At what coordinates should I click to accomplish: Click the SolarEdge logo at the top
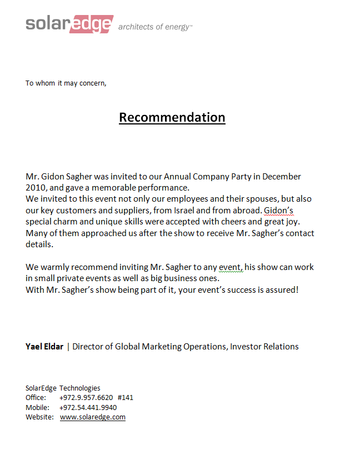click(69, 24)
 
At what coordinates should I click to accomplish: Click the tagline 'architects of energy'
click(155, 27)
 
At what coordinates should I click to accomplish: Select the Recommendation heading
click(172, 117)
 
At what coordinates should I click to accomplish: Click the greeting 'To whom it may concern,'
click(66, 83)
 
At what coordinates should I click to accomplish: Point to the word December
click(282, 177)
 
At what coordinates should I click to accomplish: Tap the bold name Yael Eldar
click(44, 347)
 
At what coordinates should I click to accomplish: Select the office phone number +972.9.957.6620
click(86, 398)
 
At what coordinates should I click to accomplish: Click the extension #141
click(126, 398)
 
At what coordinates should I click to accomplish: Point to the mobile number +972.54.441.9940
click(88, 407)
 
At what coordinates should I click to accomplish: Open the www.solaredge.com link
click(93, 417)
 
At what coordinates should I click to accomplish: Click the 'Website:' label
click(39, 417)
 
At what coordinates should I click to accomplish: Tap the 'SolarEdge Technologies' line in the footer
click(63, 388)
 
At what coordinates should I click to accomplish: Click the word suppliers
click(124, 211)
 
